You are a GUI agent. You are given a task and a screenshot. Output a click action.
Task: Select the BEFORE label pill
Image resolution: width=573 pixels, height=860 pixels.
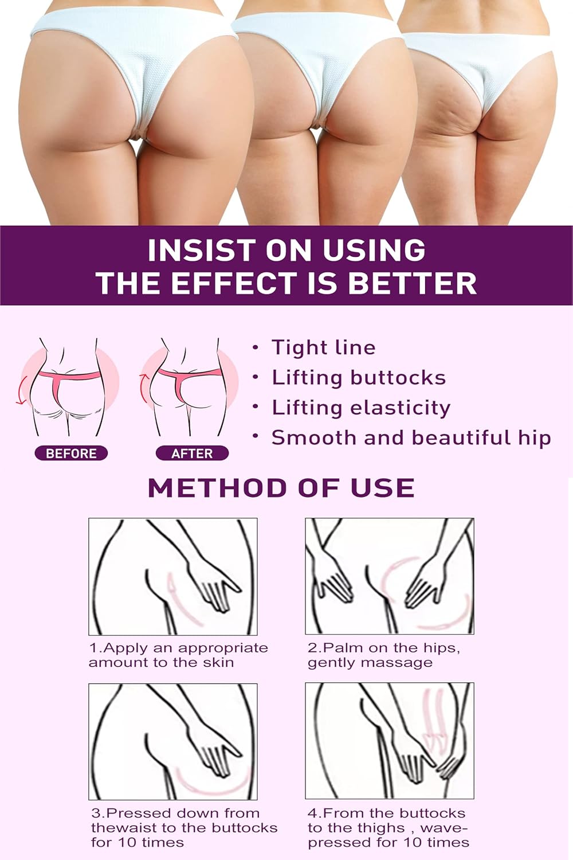point(71,454)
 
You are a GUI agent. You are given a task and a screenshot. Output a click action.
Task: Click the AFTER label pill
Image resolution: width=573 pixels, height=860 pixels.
point(192,454)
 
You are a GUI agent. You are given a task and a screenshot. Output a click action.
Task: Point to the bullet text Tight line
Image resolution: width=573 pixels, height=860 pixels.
point(323,347)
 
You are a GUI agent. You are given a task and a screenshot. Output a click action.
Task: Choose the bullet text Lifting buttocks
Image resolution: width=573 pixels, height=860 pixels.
point(359,377)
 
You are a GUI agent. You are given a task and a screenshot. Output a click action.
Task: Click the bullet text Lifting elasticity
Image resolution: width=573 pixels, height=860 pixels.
point(361,408)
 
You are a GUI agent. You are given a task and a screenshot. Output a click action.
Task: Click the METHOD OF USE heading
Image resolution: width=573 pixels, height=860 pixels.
point(281,488)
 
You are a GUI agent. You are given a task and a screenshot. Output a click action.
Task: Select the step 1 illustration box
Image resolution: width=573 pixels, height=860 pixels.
point(173,576)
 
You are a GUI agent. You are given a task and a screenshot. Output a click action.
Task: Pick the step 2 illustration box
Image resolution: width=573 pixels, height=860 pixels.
point(390,576)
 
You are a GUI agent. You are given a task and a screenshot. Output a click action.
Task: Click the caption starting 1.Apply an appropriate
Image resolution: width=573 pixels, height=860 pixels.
point(178,655)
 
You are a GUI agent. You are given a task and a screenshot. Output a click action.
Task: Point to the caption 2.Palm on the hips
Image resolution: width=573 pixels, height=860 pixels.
point(384,655)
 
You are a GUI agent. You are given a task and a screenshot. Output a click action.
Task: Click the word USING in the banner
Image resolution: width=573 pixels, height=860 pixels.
point(374,251)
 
